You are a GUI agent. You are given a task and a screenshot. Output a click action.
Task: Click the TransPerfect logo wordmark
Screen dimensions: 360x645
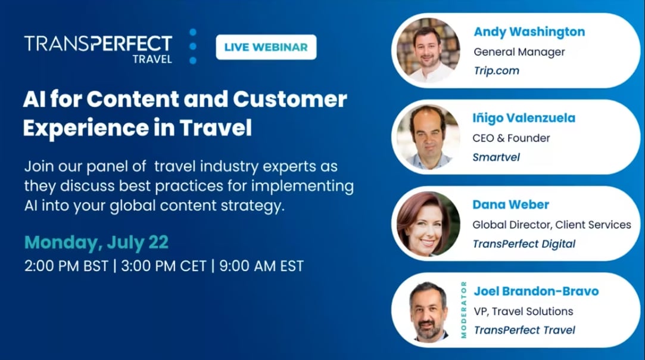pos(98,44)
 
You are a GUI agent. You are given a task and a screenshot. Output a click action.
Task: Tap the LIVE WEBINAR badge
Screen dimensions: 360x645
pos(266,47)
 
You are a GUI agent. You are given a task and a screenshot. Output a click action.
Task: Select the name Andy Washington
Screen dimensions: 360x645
pos(529,32)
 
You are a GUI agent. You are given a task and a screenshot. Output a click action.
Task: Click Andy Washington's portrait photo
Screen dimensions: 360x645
pos(428,51)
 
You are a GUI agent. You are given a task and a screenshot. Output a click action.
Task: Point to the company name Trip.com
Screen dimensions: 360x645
pos(496,71)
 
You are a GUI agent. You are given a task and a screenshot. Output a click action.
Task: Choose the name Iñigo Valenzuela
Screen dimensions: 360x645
pos(524,118)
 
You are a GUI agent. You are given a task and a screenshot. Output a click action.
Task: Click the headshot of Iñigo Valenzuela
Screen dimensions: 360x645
pos(428,137)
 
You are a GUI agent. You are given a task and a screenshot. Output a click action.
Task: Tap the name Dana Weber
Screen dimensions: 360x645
pos(510,204)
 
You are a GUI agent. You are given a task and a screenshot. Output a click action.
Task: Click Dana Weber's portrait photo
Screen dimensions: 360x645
pos(428,224)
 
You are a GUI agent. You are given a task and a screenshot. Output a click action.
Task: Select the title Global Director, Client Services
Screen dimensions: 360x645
pos(551,225)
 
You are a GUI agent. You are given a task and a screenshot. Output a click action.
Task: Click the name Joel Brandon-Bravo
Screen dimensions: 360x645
pos(536,291)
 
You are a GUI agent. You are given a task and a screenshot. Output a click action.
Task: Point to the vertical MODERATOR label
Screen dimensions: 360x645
pos(463,309)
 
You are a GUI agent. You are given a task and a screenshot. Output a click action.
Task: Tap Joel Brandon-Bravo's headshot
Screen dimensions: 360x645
pos(428,310)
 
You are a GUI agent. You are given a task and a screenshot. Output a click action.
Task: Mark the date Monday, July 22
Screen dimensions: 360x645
pos(96,242)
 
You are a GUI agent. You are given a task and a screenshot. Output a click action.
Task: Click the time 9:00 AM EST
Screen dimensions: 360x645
pos(261,265)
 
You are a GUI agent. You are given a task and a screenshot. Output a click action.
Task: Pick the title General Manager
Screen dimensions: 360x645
pos(519,52)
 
